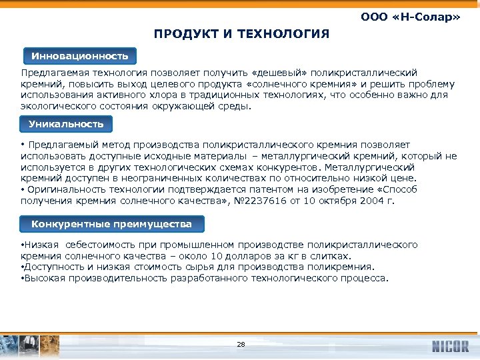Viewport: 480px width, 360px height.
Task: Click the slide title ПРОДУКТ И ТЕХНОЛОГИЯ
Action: click(241, 33)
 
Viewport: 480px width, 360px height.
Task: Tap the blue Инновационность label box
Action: click(75, 55)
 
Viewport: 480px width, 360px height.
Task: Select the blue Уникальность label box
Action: click(66, 124)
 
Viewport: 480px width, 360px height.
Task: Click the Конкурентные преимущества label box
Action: click(111, 224)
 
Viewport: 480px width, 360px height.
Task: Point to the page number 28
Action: click(241, 345)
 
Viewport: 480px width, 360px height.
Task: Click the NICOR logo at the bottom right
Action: click(451, 347)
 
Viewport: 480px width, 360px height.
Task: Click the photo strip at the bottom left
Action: click(30, 345)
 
